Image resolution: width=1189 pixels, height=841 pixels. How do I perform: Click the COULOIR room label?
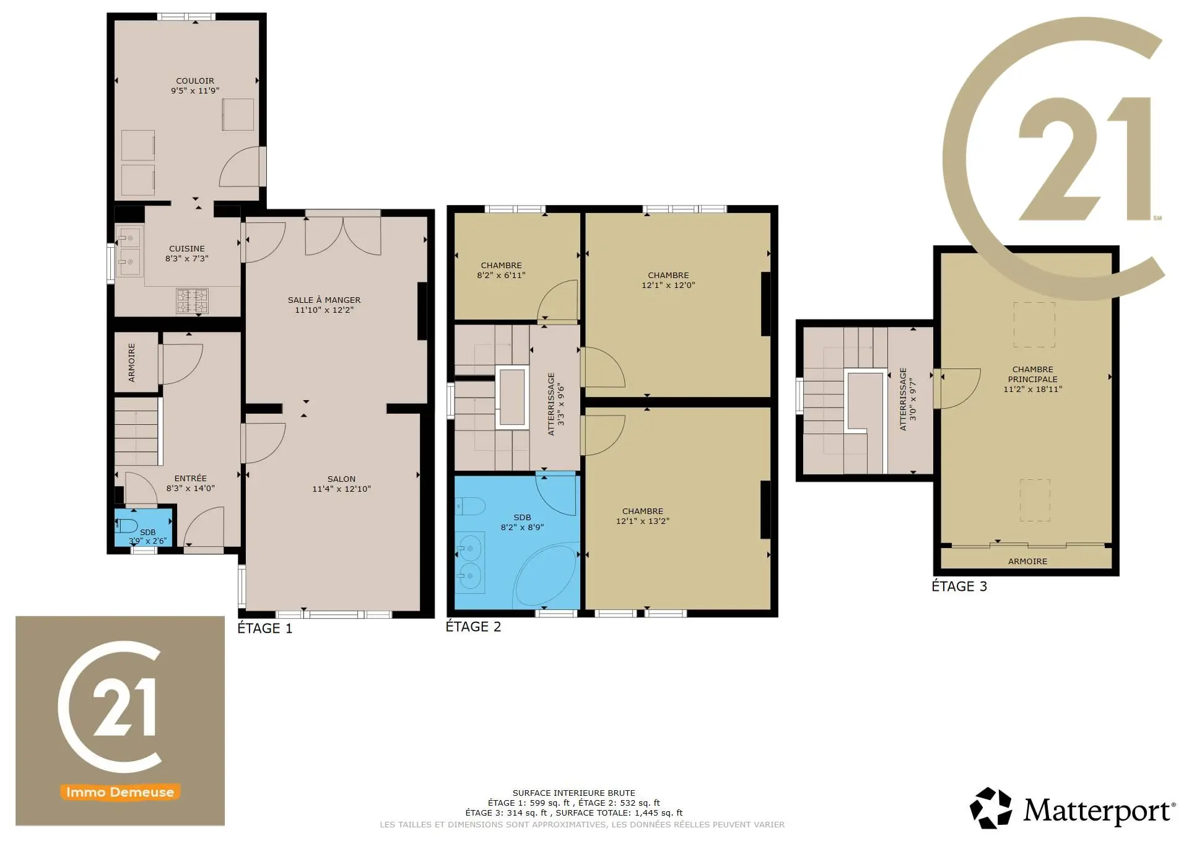pyautogui.click(x=195, y=81)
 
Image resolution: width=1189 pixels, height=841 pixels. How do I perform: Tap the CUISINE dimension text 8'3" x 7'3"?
pyautogui.click(x=187, y=258)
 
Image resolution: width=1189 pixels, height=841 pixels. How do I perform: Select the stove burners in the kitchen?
pyautogui.click(x=192, y=301)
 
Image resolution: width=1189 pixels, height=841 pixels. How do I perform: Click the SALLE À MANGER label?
pyautogui.click(x=324, y=300)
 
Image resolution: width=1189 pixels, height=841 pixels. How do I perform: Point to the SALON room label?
pyautogui.click(x=341, y=479)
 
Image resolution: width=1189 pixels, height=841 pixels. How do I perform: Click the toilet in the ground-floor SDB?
pyautogui.click(x=127, y=526)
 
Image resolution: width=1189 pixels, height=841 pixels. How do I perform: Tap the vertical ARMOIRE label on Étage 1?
pyautogui.click(x=131, y=362)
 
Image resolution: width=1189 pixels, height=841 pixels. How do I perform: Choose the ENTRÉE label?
pyautogui.click(x=191, y=478)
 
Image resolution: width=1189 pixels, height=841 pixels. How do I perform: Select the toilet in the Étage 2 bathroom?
pyautogui.click(x=470, y=507)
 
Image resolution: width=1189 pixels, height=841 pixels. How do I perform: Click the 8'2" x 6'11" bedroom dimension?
pyautogui.click(x=501, y=275)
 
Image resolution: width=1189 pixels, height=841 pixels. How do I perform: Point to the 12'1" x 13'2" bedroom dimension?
pyautogui.click(x=643, y=521)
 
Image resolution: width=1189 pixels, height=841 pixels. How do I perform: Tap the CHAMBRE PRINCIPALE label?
pyautogui.click(x=1033, y=374)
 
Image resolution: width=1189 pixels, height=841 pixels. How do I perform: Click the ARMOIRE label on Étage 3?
pyautogui.click(x=1028, y=561)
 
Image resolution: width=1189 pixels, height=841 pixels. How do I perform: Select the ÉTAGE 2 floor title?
pyautogui.click(x=473, y=627)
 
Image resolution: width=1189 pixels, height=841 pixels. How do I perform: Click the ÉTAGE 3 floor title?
pyautogui.click(x=959, y=586)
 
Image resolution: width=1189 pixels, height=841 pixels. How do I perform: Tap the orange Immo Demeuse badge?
pyautogui.click(x=120, y=792)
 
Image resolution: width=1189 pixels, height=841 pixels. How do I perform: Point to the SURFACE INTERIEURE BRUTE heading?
pyautogui.click(x=574, y=793)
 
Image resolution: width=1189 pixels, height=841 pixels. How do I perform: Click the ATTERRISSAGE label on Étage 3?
pyautogui.click(x=903, y=399)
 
